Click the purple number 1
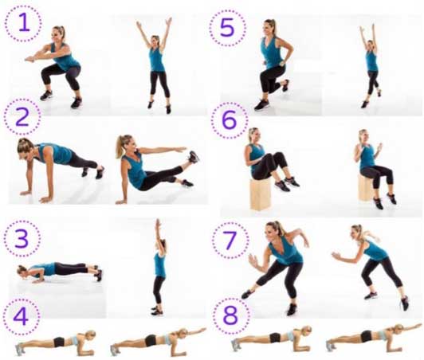click(x=24, y=22)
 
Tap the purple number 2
click(x=22, y=117)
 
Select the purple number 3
click(x=22, y=238)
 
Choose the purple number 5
click(x=227, y=27)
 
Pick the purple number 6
click(x=230, y=120)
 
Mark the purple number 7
click(x=230, y=241)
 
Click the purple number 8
click(x=230, y=315)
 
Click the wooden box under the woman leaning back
click(x=260, y=194)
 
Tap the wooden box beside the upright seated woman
click(x=365, y=187)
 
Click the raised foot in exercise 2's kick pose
click(x=194, y=157)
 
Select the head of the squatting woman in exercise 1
click(x=59, y=33)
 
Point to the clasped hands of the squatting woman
click(x=29, y=59)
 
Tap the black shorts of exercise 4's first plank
click(x=59, y=342)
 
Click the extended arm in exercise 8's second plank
click(x=410, y=327)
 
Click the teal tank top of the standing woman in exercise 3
click(x=160, y=265)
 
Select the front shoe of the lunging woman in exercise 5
click(x=261, y=105)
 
